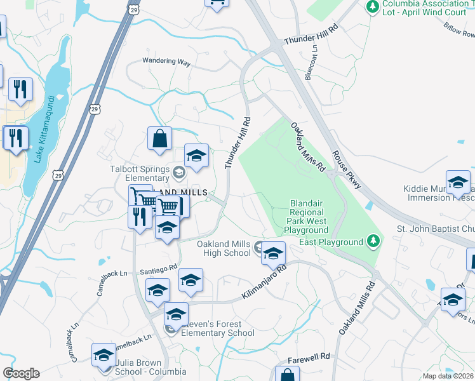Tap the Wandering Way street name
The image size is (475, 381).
167,63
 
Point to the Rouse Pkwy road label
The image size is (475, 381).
346,170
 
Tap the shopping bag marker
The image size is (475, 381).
159,138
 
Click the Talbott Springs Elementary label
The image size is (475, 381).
140,174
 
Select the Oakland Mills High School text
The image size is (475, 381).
223,248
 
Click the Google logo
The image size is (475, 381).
21,373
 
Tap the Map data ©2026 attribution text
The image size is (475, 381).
448,376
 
